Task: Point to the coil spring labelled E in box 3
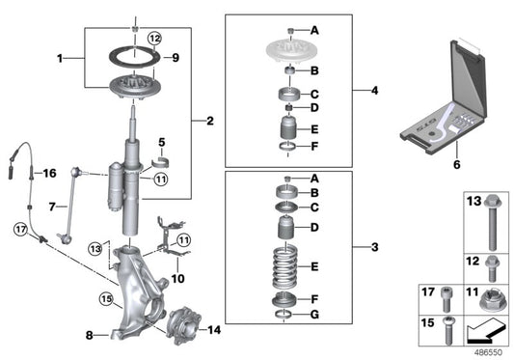[286, 263]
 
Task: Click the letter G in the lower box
[314, 315]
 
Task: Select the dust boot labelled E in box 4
[286, 129]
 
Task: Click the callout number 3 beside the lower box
[375, 247]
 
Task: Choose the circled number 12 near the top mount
[155, 38]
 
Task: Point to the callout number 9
[175, 58]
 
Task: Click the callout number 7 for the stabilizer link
[54, 207]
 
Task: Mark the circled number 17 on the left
[21, 229]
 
